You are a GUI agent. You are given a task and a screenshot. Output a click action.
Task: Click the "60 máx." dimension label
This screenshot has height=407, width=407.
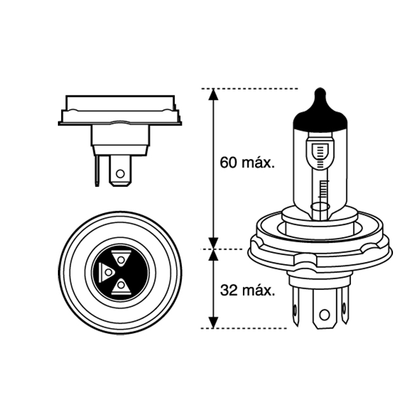[x=247, y=163]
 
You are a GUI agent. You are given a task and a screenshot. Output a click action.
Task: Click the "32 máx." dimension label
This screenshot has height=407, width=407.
[x=247, y=291]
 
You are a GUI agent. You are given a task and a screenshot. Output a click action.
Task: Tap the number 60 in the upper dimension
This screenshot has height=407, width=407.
[x=227, y=163]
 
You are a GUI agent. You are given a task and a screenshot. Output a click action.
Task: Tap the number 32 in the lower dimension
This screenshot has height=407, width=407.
[x=227, y=291]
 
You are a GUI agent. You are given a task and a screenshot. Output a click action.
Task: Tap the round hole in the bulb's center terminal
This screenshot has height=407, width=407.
[x=324, y=314]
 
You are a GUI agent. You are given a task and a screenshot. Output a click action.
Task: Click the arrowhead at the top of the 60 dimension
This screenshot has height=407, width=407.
[x=214, y=95]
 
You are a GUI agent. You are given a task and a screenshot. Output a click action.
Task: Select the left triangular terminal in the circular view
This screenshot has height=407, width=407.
[x=108, y=271]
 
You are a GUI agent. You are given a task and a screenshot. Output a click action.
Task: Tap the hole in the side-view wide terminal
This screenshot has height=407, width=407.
[x=120, y=172]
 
